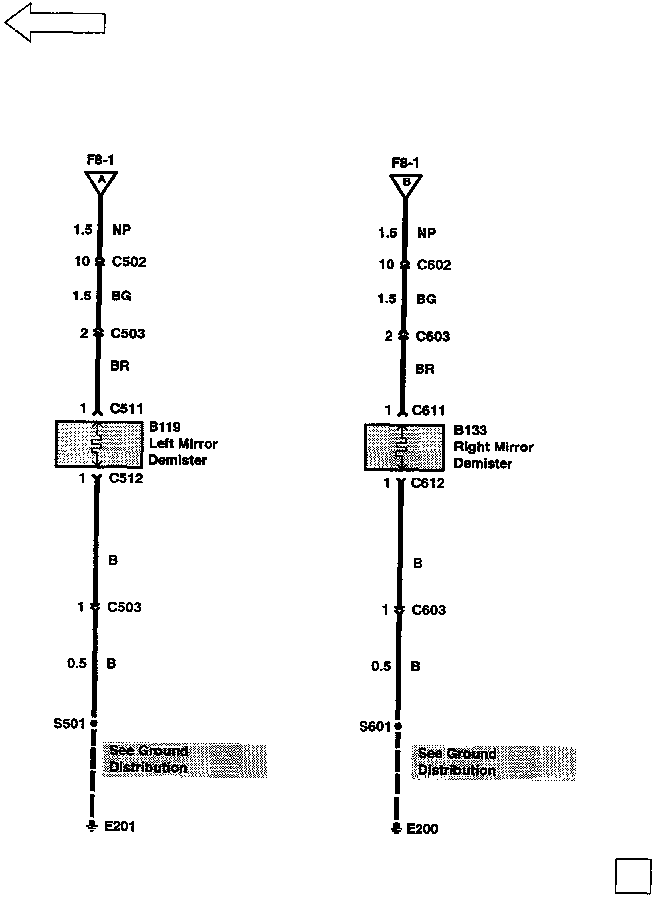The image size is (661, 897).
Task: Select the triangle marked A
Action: point(101,181)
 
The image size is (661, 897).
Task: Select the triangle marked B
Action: point(406,184)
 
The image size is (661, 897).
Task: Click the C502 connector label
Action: point(129,262)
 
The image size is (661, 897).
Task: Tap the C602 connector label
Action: point(433,265)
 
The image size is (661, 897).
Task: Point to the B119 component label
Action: point(165,427)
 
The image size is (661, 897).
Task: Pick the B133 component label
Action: point(470,430)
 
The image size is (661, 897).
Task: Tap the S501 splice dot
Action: point(94,723)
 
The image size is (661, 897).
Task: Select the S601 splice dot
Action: point(398,726)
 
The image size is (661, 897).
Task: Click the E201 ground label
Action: point(120,826)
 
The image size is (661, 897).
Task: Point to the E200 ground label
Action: point(422,829)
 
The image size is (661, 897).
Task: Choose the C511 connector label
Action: point(126,409)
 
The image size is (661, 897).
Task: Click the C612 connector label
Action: point(427,483)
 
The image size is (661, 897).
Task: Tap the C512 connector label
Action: point(126,478)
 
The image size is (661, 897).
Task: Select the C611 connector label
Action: point(428,410)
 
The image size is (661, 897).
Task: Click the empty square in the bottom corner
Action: point(633,876)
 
